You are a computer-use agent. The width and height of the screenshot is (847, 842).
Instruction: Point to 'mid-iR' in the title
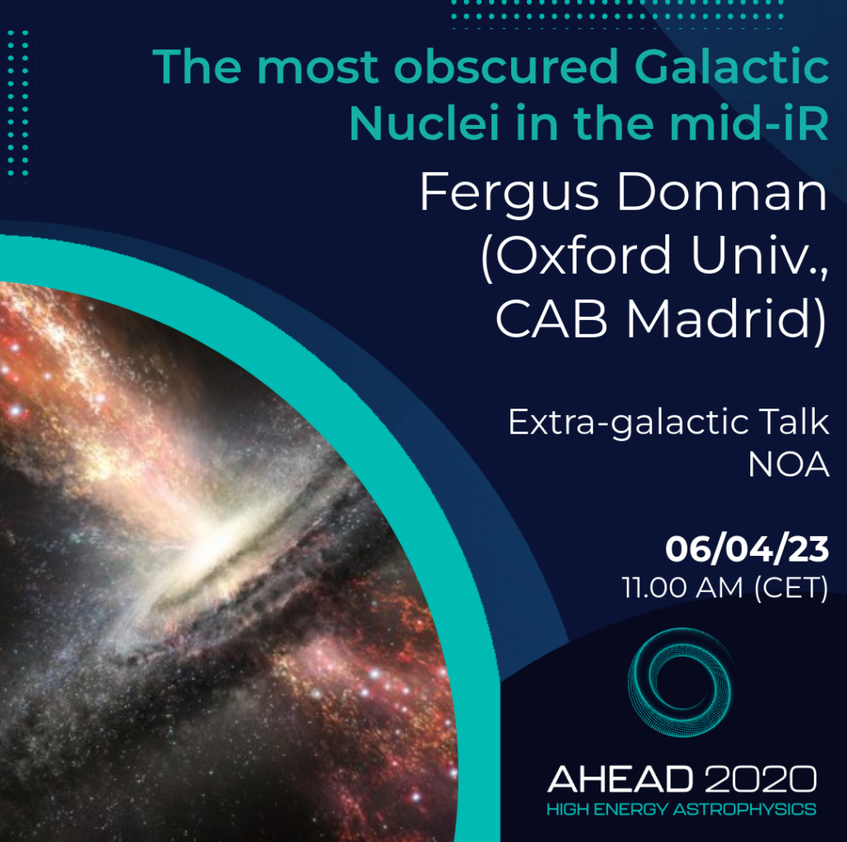click(x=749, y=123)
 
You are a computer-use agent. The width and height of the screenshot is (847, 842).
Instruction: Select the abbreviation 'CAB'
click(x=551, y=319)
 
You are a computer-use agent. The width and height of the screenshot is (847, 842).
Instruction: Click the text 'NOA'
click(x=788, y=464)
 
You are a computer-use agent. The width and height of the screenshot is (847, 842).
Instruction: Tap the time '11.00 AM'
click(x=682, y=587)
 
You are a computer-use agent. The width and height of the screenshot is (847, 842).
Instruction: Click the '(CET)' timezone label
click(x=792, y=587)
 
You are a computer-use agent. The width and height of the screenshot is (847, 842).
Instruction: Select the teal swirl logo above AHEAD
click(x=680, y=682)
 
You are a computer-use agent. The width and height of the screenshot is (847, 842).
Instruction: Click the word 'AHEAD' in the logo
click(x=620, y=779)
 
